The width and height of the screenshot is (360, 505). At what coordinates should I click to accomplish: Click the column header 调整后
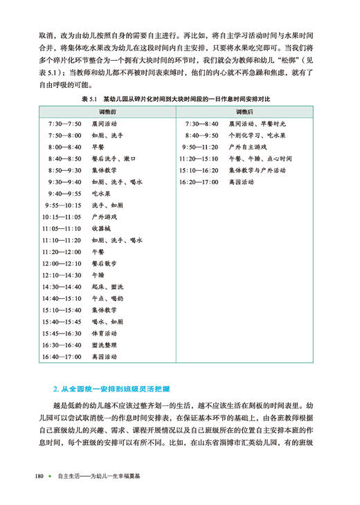246,111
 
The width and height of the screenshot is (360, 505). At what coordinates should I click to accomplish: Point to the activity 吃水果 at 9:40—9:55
102,194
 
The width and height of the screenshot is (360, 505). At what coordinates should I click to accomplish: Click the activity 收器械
102,229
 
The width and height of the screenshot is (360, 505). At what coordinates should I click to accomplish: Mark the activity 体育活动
105,333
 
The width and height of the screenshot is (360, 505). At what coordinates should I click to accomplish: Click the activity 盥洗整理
105,345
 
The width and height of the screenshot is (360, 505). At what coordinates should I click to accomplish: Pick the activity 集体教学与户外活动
260,170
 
